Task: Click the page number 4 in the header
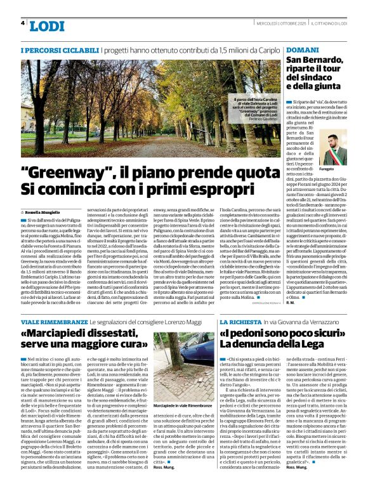point(23,23)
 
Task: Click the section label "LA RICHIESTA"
point(239,323)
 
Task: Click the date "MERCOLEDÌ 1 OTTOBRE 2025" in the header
point(273,23)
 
